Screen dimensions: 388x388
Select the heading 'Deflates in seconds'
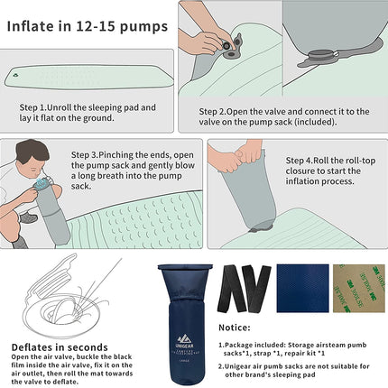[x=60, y=346]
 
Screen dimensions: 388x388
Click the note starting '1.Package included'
[x=292, y=347]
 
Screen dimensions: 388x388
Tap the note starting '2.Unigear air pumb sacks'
[x=292, y=371]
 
